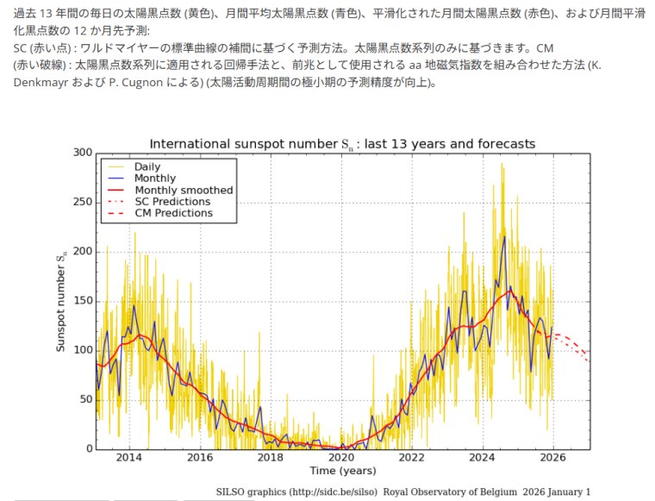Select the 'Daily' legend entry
pos(147,166)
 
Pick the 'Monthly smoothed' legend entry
pos(184,190)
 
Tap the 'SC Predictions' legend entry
pos(172,201)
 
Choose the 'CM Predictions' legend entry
pos(173,213)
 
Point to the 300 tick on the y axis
pos(82,153)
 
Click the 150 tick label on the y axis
pos(82,301)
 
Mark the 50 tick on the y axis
pos(84,399)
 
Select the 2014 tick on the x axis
pos(129,457)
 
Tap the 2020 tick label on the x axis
pos(341,457)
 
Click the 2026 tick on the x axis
pos(552,457)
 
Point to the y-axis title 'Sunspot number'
pos(61,301)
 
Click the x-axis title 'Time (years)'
pos(342,471)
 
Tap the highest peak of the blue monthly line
pos(504,235)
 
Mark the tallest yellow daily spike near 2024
pos(502,164)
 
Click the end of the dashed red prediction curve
pos(589,356)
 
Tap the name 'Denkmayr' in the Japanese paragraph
pos(42,83)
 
